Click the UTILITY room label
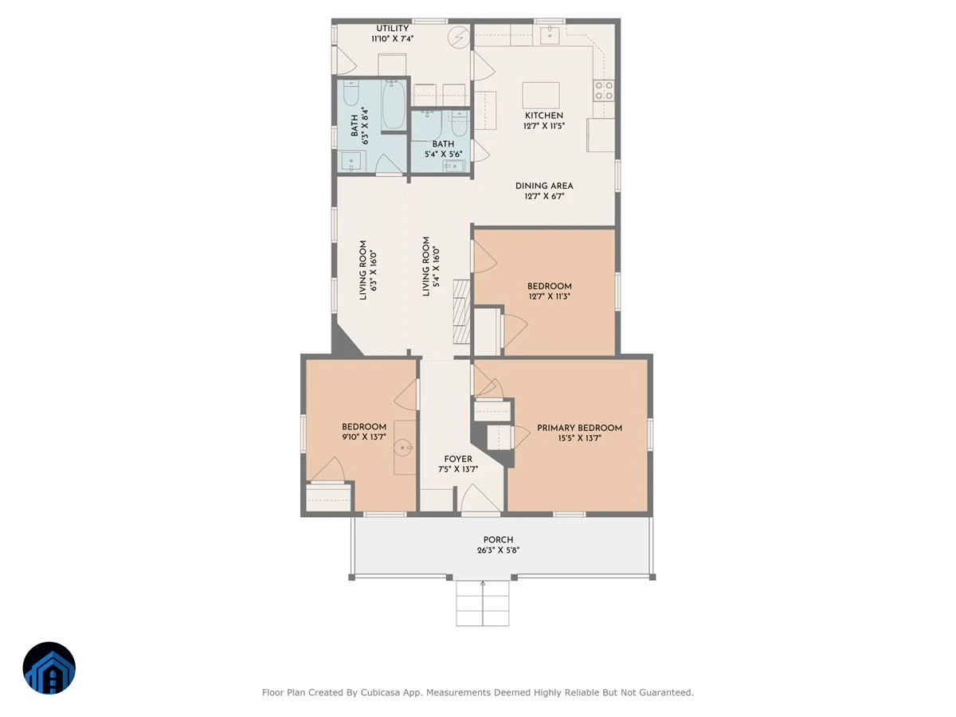point(392,29)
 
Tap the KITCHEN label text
point(543,116)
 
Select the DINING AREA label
point(544,186)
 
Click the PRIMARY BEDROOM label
point(579,428)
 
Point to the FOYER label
point(458,460)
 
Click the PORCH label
point(498,539)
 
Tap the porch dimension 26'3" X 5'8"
point(498,550)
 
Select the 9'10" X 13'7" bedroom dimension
point(364,437)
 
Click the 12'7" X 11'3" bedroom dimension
point(549,296)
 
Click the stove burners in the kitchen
point(604,91)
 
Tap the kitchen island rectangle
point(540,96)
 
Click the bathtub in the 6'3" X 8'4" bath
point(394,104)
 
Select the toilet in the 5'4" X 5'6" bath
point(458,123)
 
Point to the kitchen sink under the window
point(550,34)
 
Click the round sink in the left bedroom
point(404,447)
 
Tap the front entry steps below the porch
point(483,603)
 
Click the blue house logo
point(49,668)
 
